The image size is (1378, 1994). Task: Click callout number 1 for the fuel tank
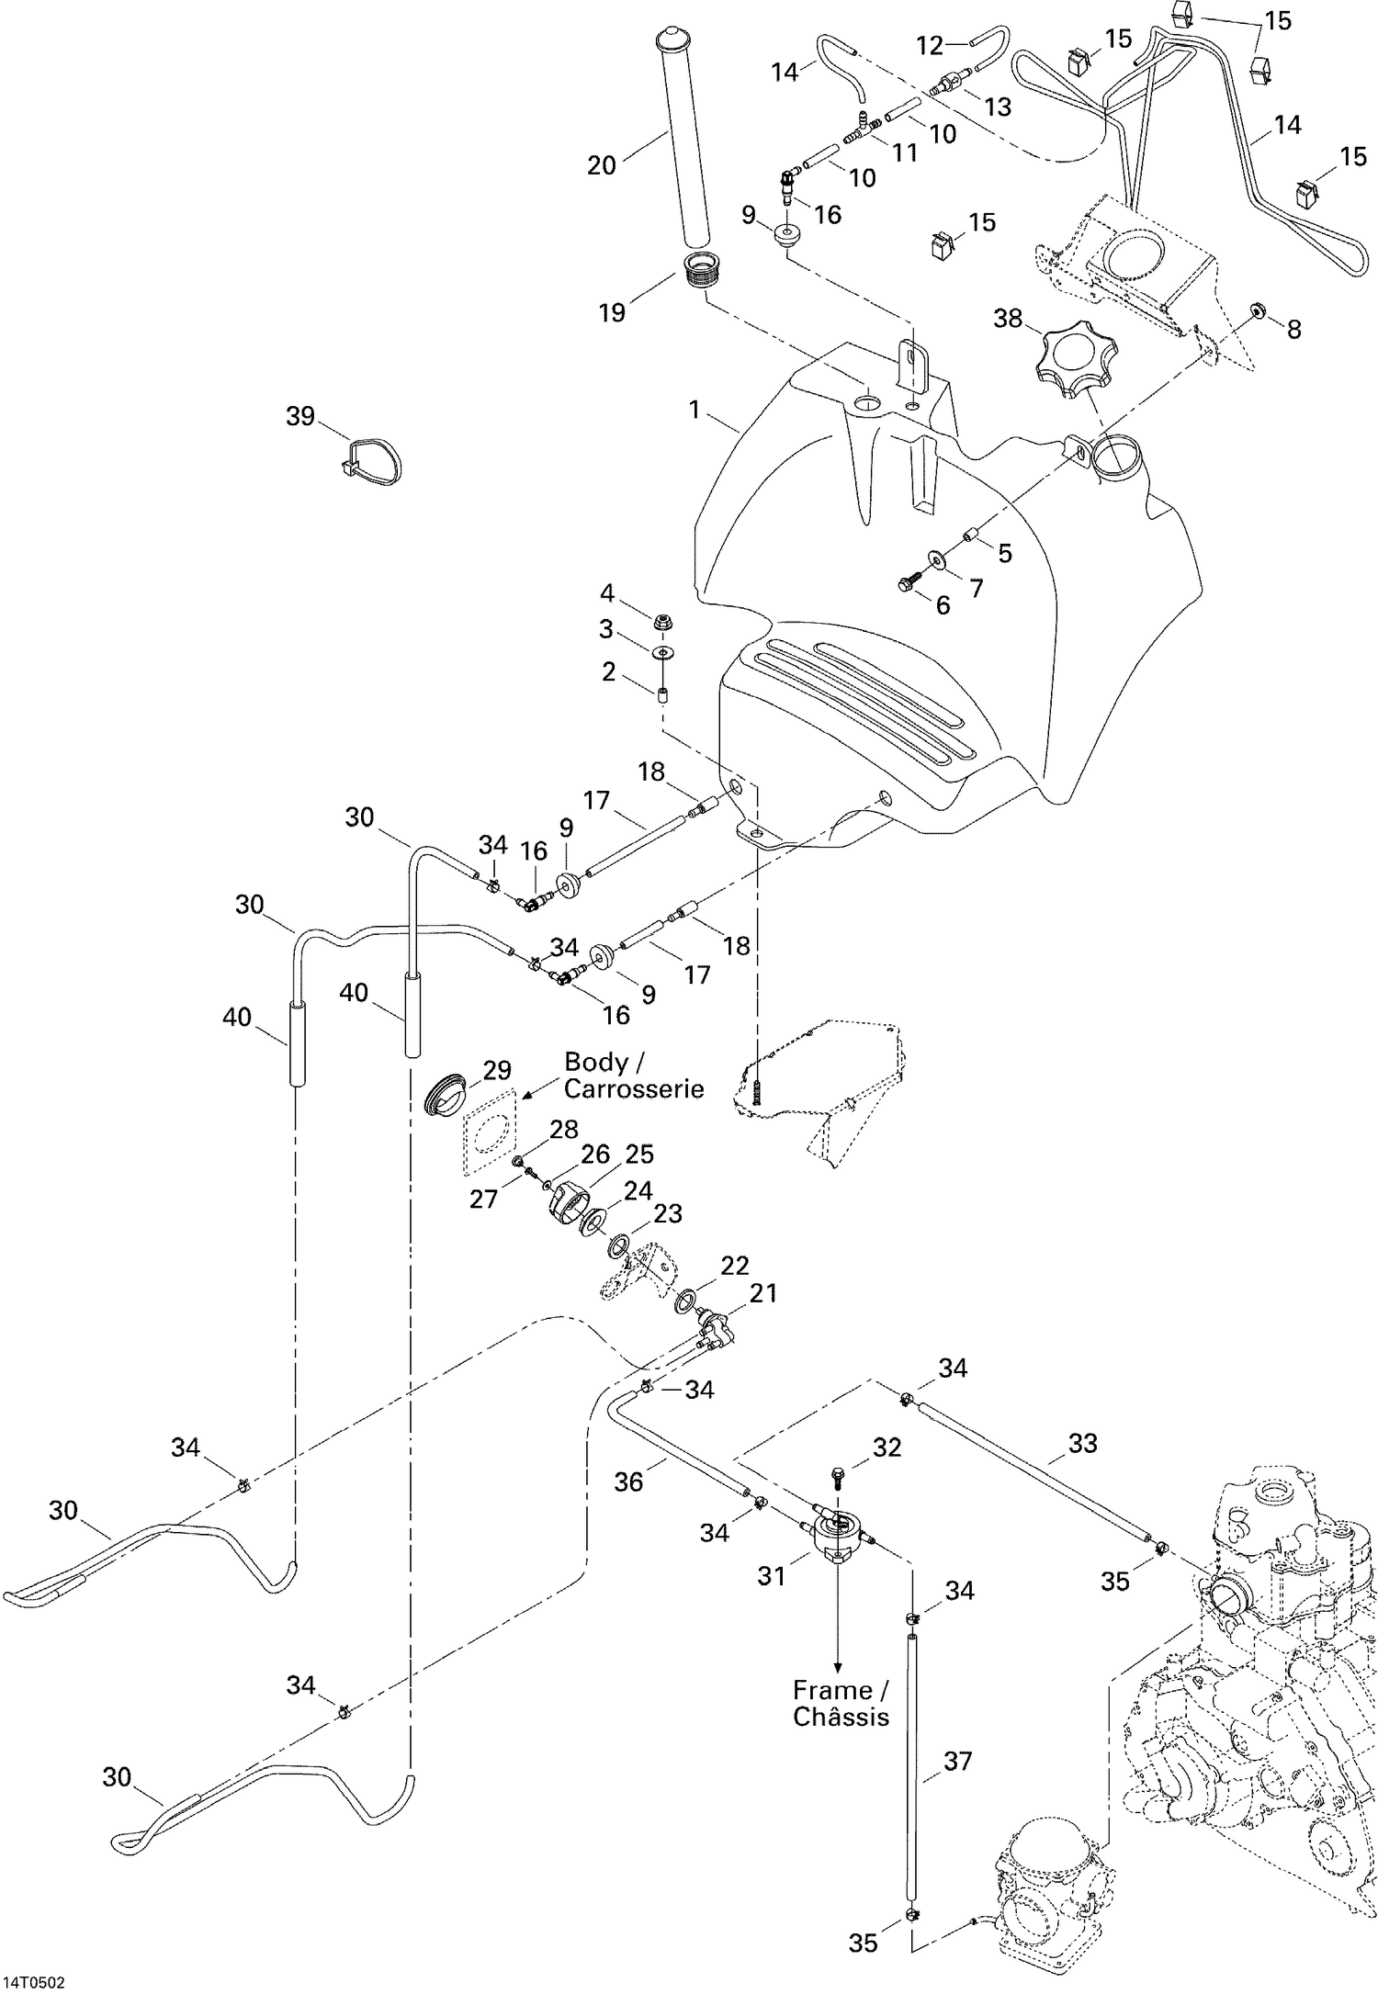pos(695,410)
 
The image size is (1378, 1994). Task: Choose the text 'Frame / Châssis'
pos(841,1703)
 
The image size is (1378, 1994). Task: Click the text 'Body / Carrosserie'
pos(633,1076)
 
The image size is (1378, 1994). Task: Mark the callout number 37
pos(957,1762)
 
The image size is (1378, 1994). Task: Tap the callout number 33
pos(1082,1444)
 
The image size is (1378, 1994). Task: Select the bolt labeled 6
pos(908,581)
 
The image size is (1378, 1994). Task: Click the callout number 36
pos(628,1482)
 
